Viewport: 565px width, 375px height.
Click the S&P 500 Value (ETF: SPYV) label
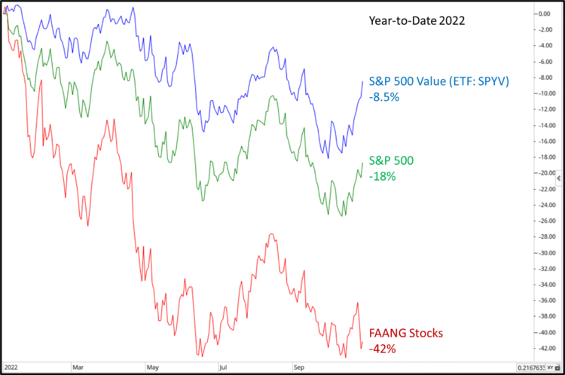point(438,81)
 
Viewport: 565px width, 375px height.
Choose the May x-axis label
point(153,368)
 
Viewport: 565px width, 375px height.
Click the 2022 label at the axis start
point(11,368)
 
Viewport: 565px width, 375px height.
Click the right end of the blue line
point(363,81)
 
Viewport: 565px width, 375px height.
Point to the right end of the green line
point(363,162)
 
